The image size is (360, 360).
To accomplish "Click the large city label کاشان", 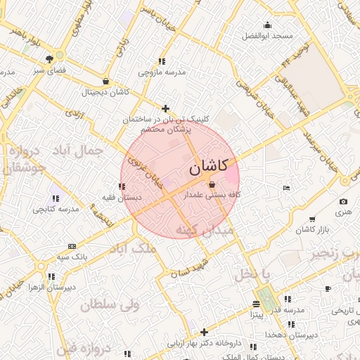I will tap(209, 167).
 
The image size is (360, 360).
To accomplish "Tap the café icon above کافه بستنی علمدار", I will tap(212, 184).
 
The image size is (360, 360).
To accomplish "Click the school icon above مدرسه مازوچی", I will tap(162, 62).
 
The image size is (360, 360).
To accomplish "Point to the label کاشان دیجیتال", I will tap(106, 92).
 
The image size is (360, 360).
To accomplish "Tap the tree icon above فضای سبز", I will tap(49, 59).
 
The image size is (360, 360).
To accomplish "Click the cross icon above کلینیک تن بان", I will tap(165, 108).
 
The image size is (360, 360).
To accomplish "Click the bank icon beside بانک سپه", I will tap(72, 246).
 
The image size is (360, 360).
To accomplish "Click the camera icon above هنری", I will tap(343, 202).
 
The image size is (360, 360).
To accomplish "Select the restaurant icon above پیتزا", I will tap(257, 304).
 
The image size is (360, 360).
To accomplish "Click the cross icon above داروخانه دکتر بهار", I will tap(204, 332).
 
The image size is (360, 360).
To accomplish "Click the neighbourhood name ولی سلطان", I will tap(110, 304).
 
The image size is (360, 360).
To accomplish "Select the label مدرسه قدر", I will tap(289, 309).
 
